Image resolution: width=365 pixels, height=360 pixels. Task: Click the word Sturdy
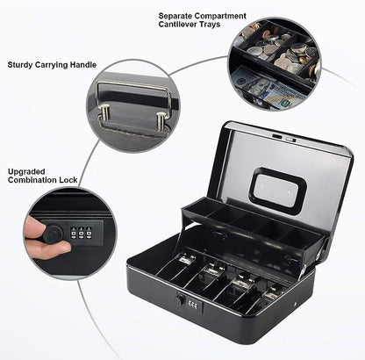22,64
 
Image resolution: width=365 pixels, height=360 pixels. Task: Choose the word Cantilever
180,26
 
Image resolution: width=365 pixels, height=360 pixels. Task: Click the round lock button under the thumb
54,234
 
